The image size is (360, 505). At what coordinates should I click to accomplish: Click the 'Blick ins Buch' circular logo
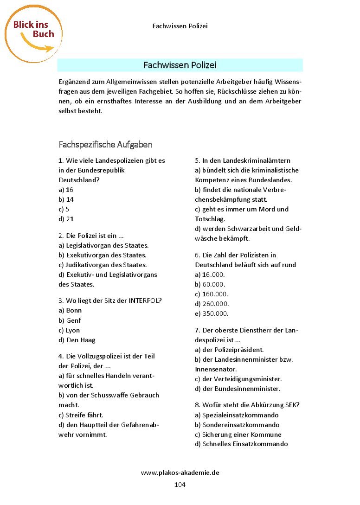34,33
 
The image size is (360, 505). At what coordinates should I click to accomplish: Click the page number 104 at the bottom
180,485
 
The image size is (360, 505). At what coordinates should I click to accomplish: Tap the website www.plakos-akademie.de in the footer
180,473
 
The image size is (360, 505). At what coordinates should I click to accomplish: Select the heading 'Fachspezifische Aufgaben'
105,145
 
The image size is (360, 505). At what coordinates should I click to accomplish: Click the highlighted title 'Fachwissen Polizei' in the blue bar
180,65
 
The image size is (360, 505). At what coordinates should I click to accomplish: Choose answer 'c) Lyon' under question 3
70,330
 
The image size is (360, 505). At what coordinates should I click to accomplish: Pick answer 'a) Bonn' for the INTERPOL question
70,310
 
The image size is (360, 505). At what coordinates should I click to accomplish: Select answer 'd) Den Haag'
77,340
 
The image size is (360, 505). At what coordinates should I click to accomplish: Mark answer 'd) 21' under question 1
66,219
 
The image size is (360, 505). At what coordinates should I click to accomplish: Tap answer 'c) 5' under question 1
64,209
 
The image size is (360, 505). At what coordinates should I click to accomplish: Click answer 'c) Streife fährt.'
81,415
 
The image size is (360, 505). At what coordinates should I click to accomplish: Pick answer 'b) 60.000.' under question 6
210,284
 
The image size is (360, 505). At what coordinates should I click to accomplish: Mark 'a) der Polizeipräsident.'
229,350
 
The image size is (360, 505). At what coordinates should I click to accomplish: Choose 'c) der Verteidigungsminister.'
238,379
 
